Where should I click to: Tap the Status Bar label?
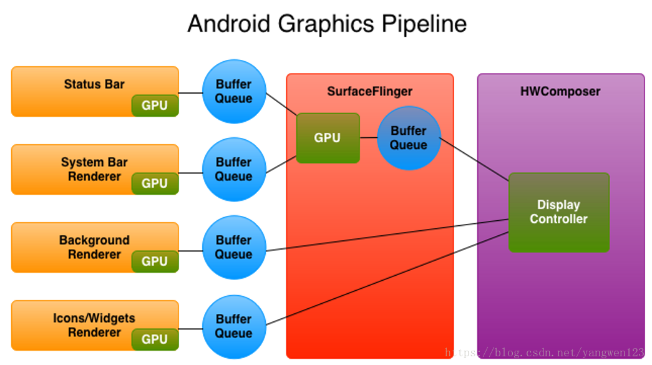tap(94, 84)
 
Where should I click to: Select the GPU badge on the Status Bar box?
tap(155, 105)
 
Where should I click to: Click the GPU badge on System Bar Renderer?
tap(155, 183)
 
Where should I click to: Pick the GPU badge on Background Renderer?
tap(155, 261)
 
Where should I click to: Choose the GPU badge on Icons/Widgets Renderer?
tap(155, 339)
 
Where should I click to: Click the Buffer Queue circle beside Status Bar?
tap(234, 91)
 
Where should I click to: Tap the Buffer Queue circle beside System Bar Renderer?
tap(234, 169)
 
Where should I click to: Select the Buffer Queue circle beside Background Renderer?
tap(234, 247)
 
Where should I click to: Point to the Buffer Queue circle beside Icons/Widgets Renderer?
tap(234, 326)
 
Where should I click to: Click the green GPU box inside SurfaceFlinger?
tap(328, 138)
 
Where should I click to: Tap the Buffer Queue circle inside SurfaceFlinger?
tap(409, 138)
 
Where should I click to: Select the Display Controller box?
tap(558, 212)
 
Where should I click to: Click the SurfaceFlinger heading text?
tap(369, 92)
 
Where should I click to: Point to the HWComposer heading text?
tap(560, 92)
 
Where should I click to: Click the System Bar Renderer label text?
tap(94, 169)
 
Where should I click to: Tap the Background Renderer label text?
tap(94, 247)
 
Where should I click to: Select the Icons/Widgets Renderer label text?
tap(94, 325)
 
